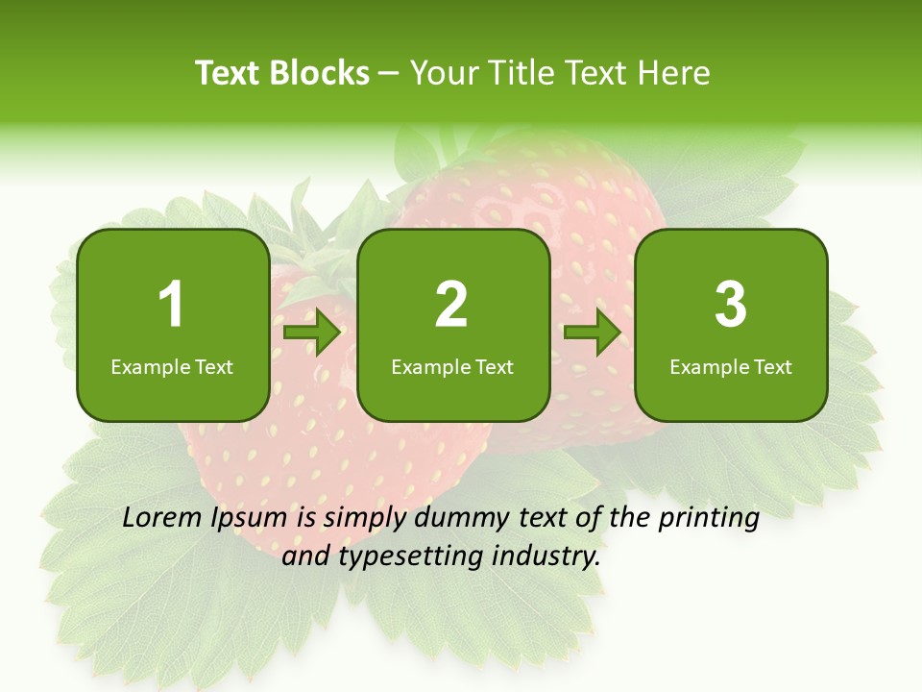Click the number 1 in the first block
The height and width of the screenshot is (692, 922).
pyautogui.click(x=172, y=306)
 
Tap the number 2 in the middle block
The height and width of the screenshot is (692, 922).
pyautogui.click(x=451, y=306)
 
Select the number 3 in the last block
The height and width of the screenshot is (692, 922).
pyautogui.click(x=731, y=306)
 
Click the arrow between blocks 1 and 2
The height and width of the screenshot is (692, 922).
pyautogui.click(x=313, y=334)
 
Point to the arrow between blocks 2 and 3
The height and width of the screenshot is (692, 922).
pyautogui.click(x=593, y=334)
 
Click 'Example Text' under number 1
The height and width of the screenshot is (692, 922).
pyautogui.click(x=172, y=366)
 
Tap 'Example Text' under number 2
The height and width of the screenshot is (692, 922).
pyautogui.click(x=452, y=366)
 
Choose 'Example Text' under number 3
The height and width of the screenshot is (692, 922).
pyautogui.click(x=731, y=366)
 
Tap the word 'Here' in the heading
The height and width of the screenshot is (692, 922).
pyautogui.click(x=674, y=73)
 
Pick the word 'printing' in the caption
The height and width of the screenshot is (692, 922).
pyautogui.click(x=709, y=520)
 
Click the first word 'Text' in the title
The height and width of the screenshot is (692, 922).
pyautogui.click(x=228, y=73)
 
